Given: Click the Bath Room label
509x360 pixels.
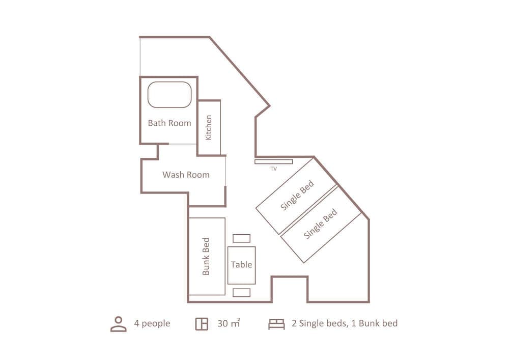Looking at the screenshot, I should pyautogui.click(x=169, y=123).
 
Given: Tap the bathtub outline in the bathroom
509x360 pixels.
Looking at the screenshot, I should pyautogui.click(x=169, y=95).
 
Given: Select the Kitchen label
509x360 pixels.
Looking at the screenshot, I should pyautogui.click(x=209, y=127).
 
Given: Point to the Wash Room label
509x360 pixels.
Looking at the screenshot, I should pyautogui.click(x=186, y=175).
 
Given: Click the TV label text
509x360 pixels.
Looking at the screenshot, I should pyautogui.click(x=273, y=169).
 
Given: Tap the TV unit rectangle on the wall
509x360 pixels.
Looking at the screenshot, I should pyautogui.click(x=274, y=162).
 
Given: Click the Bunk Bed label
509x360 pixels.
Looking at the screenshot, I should pyautogui.click(x=206, y=256).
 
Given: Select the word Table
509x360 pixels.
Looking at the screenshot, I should pyautogui.click(x=241, y=264).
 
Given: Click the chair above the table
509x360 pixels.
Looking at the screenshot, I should pyautogui.click(x=241, y=238).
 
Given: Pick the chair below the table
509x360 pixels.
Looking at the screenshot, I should pyautogui.click(x=241, y=292).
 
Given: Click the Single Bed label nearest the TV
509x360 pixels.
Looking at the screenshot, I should pyautogui.click(x=297, y=196).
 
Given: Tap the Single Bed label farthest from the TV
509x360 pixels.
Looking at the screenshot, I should pyautogui.click(x=321, y=225).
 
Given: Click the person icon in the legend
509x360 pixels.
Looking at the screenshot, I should pyautogui.click(x=118, y=324).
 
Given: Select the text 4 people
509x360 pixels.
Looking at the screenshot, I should pyautogui.click(x=152, y=323).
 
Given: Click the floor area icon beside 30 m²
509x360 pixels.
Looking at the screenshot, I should pyautogui.click(x=202, y=324).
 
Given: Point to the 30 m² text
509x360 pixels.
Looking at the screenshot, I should pyautogui.click(x=229, y=323).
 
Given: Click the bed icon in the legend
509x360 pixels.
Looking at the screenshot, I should pyautogui.click(x=276, y=324).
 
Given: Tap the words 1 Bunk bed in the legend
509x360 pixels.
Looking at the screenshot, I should pyautogui.click(x=374, y=323).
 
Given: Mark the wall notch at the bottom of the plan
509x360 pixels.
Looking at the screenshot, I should pyautogui.click(x=290, y=288).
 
